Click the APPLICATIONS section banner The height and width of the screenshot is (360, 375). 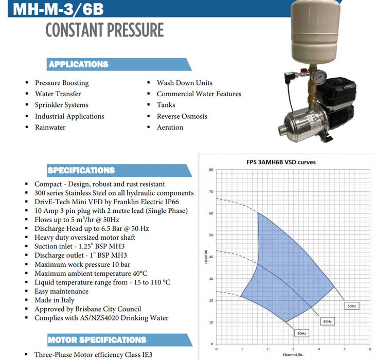pyautogui.click(x=78, y=64)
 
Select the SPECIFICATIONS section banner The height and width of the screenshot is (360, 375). pyautogui.click(x=81, y=170)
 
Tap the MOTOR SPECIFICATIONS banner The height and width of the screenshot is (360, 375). pyautogui.click(x=97, y=339)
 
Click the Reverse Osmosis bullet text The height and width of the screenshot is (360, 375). pyautogui.click(x=182, y=116)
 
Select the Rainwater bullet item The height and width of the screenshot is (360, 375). pyautogui.click(x=50, y=127)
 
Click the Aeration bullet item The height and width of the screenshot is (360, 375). pyautogui.click(x=170, y=127)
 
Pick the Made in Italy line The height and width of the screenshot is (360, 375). pyautogui.click(x=55, y=300)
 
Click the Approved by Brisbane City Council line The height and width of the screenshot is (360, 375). pyautogui.click(x=87, y=309)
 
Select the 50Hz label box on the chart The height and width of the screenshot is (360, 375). pyautogui.click(x=351, y=305)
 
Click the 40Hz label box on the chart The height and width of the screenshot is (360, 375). pyautogui.click(x=326, y=321)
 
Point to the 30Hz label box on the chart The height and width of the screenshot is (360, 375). pyautogui.click(x=301, y=333)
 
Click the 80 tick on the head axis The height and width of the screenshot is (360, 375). pyautogui.click(x=211, y=170)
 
